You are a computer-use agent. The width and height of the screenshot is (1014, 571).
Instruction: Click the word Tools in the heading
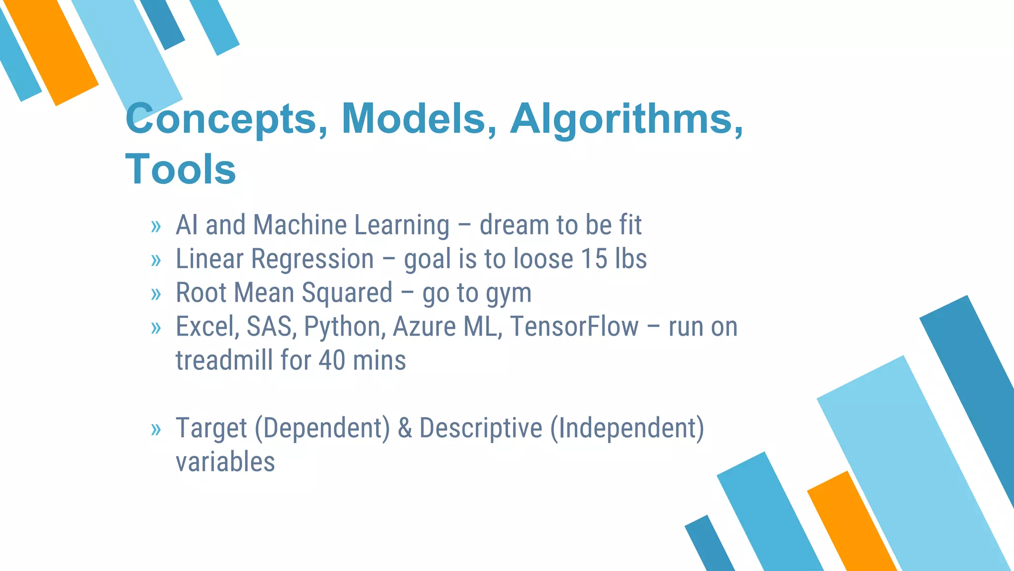point(181,169)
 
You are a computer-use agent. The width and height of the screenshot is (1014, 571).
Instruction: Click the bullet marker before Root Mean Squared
point(156,294)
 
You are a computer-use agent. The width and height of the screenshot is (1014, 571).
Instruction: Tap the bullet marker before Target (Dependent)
point(156,430)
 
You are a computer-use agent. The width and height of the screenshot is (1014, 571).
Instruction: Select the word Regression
point(312,259)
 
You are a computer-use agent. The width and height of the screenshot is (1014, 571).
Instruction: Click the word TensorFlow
point(574,327)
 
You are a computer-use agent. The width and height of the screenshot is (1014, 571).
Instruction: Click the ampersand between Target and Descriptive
point(405,428)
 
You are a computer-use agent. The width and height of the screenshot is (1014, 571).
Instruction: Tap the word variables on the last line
point(225,462)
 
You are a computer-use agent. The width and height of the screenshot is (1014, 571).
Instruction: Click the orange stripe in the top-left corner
point(52,52)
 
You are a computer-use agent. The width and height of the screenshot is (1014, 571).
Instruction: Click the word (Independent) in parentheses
point(627,428)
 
